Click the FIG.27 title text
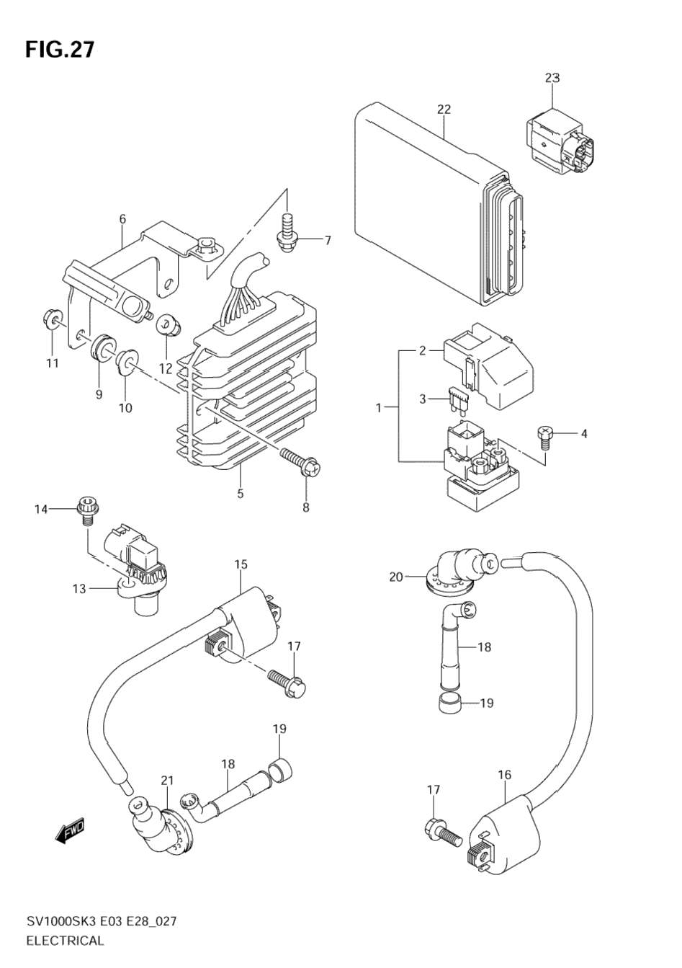60,50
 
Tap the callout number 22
444,110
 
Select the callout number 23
552,79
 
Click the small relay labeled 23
560,142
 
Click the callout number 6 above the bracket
122,219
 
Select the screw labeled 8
300,461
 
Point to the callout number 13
80,589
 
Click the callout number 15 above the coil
241,564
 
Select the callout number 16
504,775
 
